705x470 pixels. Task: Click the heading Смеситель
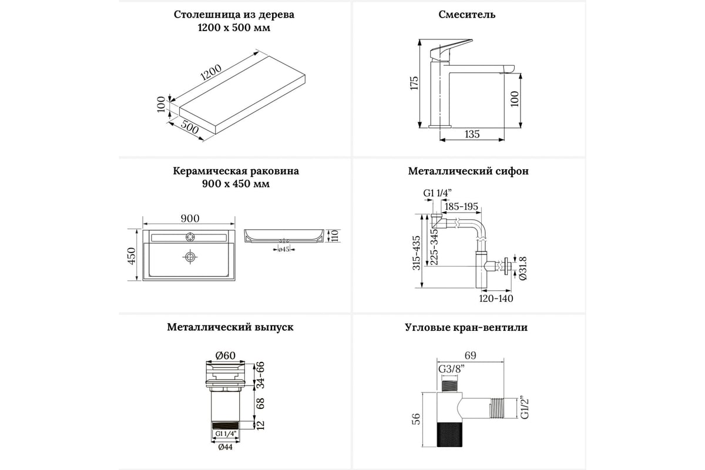tap(466, 15)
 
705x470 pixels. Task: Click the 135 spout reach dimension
tap(472, 134)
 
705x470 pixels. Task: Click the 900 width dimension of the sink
tap(190, 219)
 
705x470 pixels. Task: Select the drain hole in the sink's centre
tap(190, 257)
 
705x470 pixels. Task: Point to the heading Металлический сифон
tap(468, 172)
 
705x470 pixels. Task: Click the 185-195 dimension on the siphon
tap(461, 207)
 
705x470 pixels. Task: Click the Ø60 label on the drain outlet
tap(225, 355)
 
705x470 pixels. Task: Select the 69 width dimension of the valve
tap(470, 355)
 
